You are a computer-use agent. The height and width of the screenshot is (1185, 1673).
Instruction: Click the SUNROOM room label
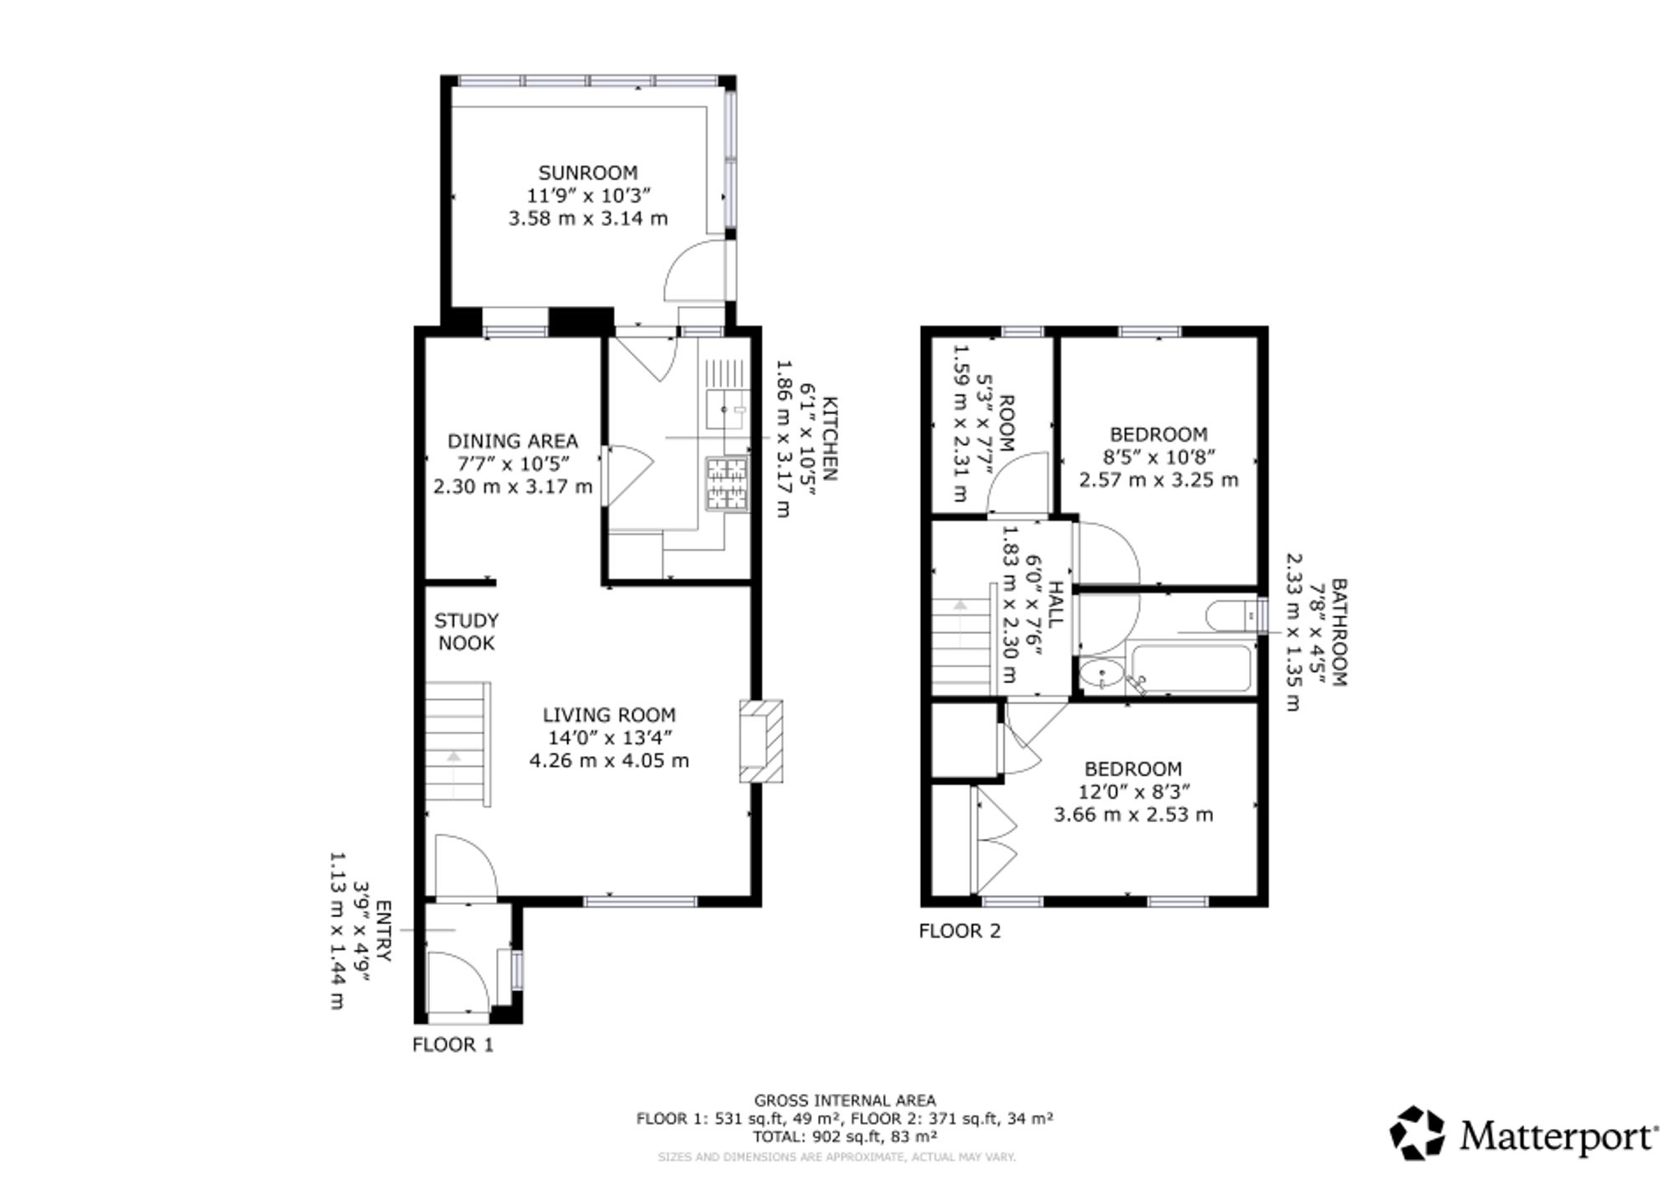(x=587, y=173)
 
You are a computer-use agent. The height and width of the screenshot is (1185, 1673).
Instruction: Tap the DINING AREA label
(x=513, y=441)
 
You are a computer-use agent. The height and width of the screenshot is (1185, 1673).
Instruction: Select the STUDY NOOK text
(x=467, y=631)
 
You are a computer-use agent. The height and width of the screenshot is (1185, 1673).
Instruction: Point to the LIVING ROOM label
(x=609, y=715)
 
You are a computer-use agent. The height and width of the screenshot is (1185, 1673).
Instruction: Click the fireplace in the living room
(x=760, y=741)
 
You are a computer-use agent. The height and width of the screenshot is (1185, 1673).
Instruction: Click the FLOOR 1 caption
(x=453, y=1045)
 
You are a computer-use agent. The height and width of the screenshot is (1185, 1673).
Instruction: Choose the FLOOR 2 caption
(x=959, y=931)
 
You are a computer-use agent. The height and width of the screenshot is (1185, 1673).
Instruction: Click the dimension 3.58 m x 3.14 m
(x=588, y=218)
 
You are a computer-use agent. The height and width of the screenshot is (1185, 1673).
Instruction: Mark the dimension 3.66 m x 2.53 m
(x=1133, y=815)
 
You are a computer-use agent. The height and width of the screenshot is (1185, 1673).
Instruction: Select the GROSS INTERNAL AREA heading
(x=845, y=1101)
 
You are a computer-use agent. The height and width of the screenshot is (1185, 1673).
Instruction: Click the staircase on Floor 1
(x=457, y=743)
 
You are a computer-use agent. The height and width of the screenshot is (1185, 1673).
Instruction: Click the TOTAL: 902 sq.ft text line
(x=845, y=1136)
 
